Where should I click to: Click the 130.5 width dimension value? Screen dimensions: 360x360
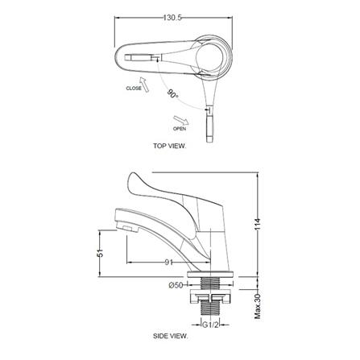[x=172, y=18]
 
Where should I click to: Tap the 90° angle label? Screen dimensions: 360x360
[x=173, y=93]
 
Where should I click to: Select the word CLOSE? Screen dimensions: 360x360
[x=134, y=88]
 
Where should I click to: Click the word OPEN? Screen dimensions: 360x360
[x=180, y=129]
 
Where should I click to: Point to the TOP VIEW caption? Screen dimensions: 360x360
[x=169, y=146]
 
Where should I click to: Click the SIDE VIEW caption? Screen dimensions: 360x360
[x=171, y=336]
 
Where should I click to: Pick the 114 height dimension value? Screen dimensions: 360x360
[x=258, y=225]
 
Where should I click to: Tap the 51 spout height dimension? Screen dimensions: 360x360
[x=100, y=253]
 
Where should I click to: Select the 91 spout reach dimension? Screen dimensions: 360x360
[x=168, y=263]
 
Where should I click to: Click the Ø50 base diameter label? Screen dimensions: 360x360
[x=176, y=285]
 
